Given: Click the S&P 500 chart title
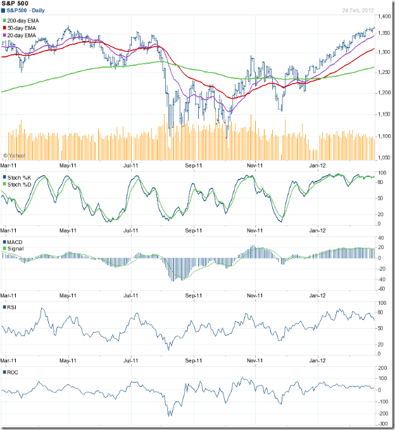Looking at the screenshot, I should click(16, 4).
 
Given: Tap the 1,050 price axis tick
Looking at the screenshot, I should click(384, 158).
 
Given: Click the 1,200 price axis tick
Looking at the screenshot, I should click(384, 94).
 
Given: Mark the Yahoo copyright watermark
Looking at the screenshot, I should click(14, 155).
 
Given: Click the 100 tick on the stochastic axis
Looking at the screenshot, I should click(382, 173).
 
